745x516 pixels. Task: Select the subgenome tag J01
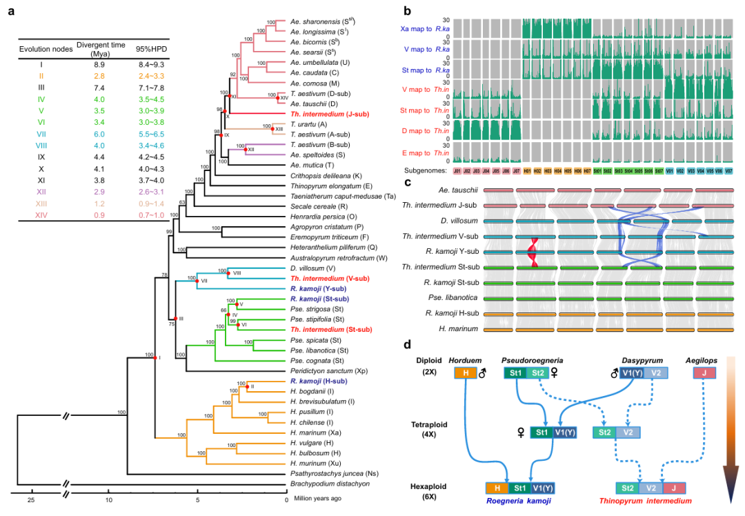(458, 171)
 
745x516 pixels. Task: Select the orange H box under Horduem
(464, 373)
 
